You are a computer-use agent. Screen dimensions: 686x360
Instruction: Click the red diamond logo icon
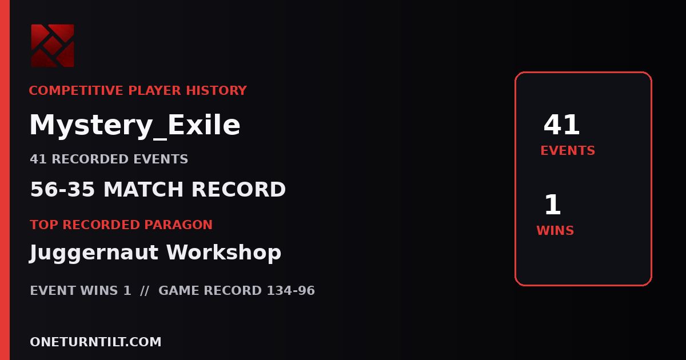pos(53,46)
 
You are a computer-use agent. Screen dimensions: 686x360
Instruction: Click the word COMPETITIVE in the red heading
pos(75,91)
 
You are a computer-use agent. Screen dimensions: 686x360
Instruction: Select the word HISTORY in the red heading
pos(216,91)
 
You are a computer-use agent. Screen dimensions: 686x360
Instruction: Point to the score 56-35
pos(62,189)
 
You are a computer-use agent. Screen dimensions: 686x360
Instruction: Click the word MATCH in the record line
pos(143,189)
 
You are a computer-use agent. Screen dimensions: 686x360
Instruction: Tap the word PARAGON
pos(178,225)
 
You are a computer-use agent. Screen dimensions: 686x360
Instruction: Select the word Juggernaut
pos(94,253)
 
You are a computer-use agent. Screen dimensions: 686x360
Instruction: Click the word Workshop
pos(224,252)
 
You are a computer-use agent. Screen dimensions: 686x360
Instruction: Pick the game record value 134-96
pos(290,290)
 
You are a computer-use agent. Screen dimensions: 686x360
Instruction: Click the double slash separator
pos(145,290)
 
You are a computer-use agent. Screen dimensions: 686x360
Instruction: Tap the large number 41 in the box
pos(561,125)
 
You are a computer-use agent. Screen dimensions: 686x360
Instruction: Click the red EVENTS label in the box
pos(568,151)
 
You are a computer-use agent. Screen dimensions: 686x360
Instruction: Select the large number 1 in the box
pos(552,205)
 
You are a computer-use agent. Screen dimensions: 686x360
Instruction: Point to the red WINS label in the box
pos(555,230)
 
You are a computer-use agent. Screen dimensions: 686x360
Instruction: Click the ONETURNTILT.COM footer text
pos(95,342)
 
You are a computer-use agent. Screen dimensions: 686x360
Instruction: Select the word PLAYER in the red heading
pos(155,91)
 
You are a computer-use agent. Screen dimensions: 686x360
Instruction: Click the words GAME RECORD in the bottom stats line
pos(210,290)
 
